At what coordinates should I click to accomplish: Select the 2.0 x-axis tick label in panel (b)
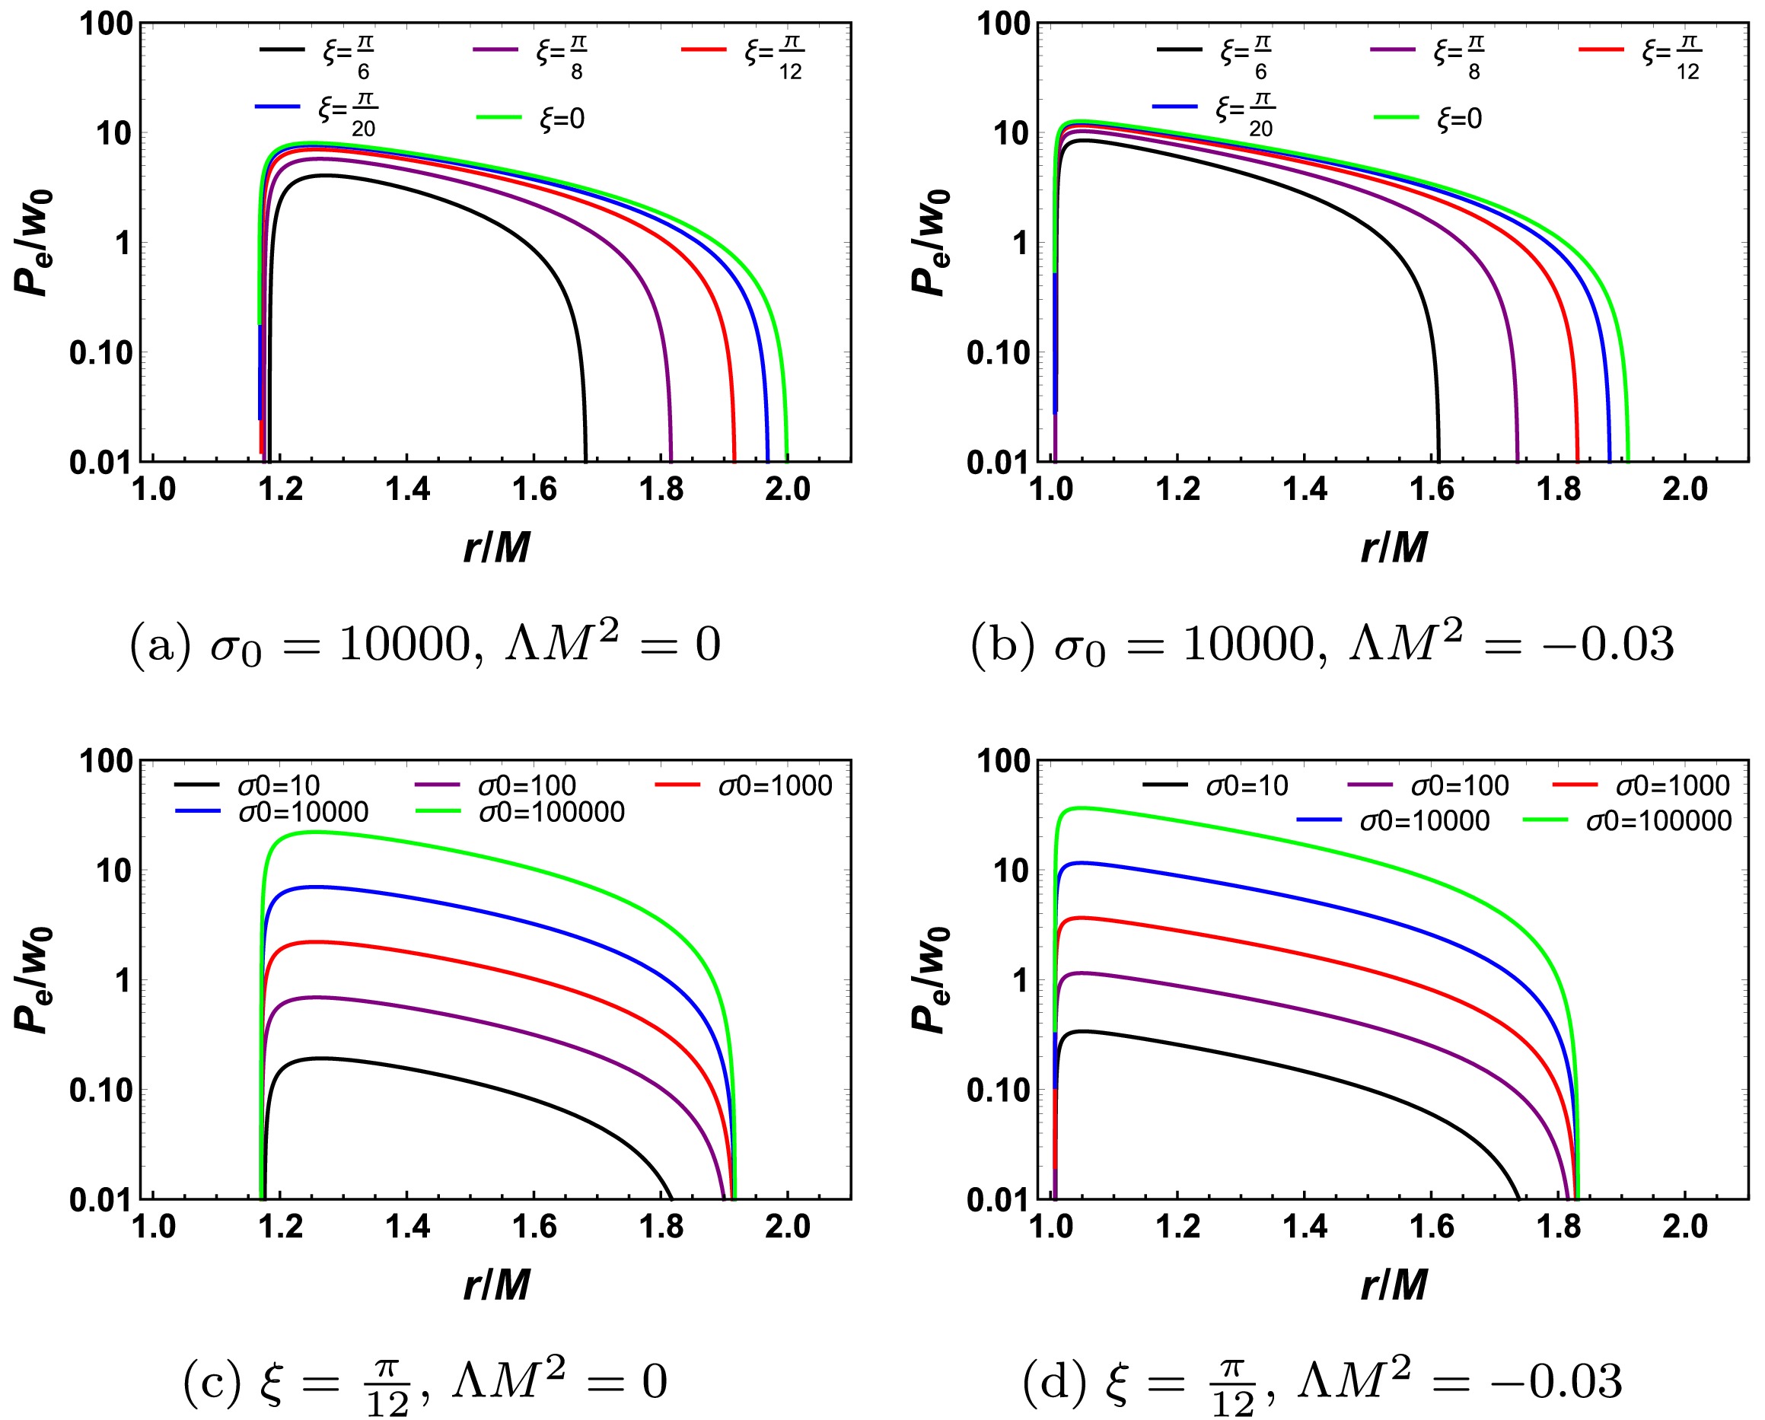point(1685,489)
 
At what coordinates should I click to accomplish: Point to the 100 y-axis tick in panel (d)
point(1003,761)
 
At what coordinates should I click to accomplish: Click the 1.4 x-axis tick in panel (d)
point(1305,1226)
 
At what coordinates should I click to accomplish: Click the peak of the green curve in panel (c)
point(315,832)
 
